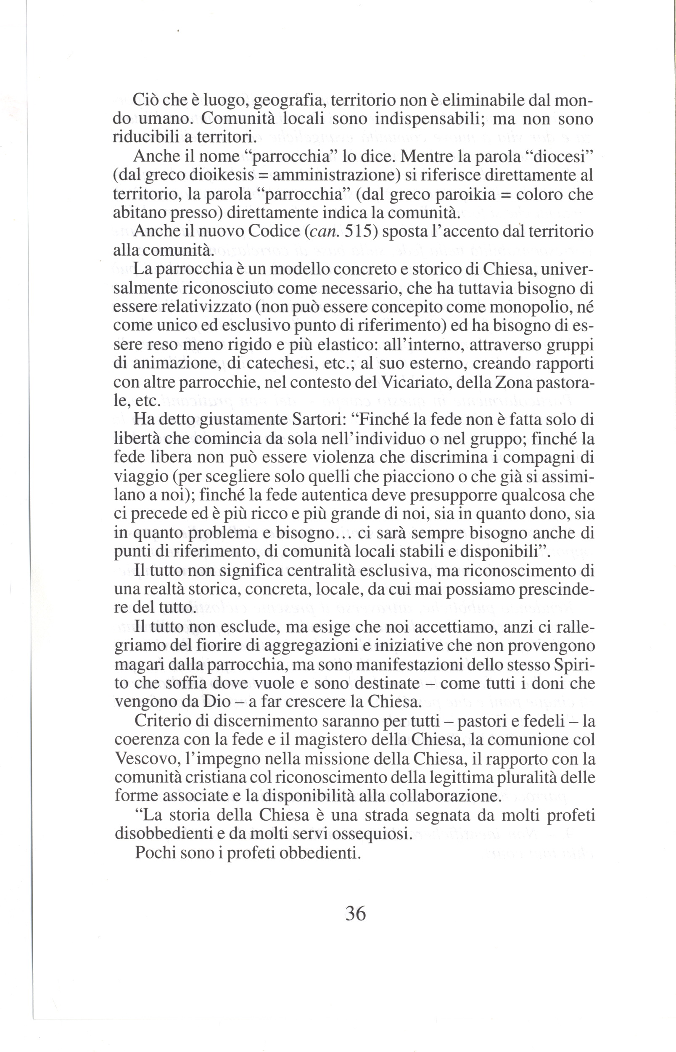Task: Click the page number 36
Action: click(356, 913)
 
